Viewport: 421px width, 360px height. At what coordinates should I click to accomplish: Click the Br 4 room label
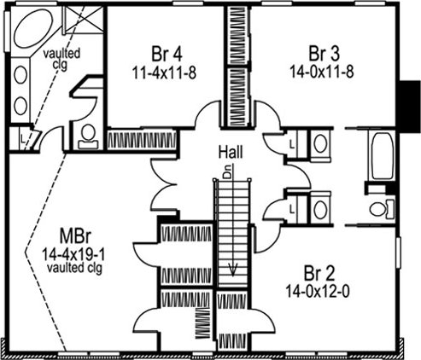point(167,54)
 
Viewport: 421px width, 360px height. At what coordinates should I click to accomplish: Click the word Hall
point(231,152)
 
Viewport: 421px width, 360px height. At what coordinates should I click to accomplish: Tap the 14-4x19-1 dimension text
point(73,254)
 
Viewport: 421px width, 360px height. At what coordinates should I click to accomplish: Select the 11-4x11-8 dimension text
point(164,73)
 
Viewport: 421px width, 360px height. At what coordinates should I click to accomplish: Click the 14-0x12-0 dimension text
point(318,291)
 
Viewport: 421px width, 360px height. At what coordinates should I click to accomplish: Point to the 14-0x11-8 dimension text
point(322,72)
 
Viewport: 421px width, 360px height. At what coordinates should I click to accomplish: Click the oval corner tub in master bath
point(33,28)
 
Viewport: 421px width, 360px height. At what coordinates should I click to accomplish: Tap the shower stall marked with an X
point(83,20)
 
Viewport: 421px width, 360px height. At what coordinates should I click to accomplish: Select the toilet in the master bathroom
point(88,136)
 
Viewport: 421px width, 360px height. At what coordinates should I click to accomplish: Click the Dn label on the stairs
point(227,172)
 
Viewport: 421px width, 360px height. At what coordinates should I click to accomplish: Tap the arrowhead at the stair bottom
point(233,270)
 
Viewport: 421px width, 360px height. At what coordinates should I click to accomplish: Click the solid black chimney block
point(408,103)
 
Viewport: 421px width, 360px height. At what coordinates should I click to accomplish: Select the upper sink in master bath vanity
point(20,75)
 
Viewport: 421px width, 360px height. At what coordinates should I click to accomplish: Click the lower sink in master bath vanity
point(20,106)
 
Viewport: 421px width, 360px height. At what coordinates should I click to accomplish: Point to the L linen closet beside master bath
point(23,139)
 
